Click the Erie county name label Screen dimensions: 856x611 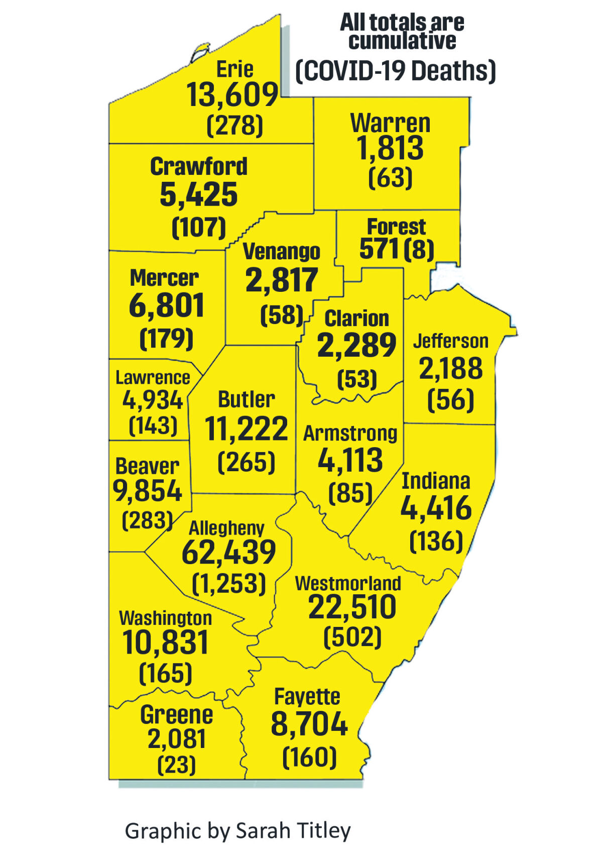click(234, 69)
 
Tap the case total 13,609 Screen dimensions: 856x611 click(232, 95)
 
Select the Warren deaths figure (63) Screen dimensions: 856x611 click(390, 178)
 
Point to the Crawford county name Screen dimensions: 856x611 click(199, 167)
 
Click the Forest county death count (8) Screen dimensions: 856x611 click(418, 249)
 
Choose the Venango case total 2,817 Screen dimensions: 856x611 click(282, 280)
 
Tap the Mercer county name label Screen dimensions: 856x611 click(164, 278)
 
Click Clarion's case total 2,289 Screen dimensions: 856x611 click(356, 345)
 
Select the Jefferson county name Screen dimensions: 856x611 click(450, 341)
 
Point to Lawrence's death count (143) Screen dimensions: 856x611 click(153, 426)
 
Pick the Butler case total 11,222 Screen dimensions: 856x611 click(247, 429)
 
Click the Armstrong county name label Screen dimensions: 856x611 click(350, 433)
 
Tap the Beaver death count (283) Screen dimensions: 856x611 click(148, 520)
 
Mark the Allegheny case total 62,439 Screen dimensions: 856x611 click(228, 552)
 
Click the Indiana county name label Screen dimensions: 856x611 click(436, 481)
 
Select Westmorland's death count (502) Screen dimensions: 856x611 click(352, 637)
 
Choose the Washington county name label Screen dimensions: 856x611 click(165, 618)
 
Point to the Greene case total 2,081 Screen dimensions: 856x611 click(177, 738)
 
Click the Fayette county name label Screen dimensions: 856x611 click(307, 697)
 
